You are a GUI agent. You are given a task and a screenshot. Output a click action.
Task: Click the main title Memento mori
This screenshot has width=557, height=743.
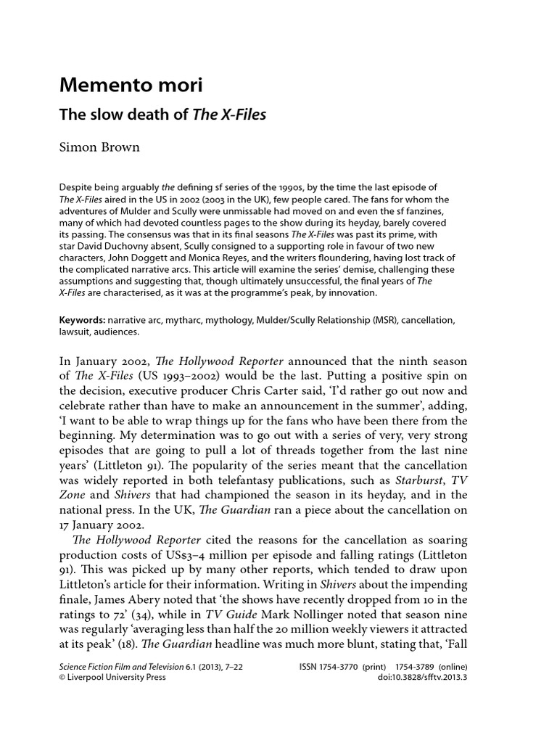click(131, 86)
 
